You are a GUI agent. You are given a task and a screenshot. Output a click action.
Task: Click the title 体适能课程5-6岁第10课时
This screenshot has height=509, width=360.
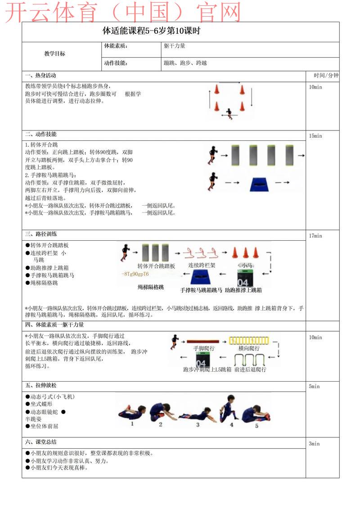(x=151, y=32)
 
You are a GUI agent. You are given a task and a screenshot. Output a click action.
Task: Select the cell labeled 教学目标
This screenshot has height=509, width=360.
(x=54, y=54)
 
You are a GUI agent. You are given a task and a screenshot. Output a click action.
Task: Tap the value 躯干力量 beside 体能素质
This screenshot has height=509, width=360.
(x=175, y=46)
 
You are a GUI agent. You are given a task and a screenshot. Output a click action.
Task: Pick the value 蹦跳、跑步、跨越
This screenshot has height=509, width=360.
(x=185, y=63)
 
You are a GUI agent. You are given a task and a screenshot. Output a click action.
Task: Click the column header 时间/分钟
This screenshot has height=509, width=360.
(x=326, y=75)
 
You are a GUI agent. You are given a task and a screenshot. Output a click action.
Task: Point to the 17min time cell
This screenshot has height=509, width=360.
(x=315, y=236)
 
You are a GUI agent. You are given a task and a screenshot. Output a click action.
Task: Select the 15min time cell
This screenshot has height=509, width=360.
(x=315, y=136)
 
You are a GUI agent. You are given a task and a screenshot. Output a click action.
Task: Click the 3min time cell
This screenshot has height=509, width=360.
(x=314, y=444)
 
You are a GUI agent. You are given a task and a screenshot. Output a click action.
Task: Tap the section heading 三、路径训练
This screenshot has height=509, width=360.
(x=41, y=234)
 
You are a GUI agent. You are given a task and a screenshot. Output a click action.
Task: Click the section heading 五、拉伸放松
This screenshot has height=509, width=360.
(x=41, y=386)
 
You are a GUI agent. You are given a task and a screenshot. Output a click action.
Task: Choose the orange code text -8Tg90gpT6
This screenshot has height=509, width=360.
(x=135, y=274)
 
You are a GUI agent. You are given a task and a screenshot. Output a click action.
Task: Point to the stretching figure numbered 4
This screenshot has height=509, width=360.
(x=227, y=408)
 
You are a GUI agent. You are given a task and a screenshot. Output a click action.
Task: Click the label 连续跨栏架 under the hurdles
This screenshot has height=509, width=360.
(x=202, y=266)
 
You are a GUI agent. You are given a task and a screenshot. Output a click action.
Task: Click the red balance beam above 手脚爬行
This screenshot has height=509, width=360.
(x=203, y=341)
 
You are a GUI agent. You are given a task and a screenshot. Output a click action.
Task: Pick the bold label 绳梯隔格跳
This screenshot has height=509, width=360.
(x=151, y=287)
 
